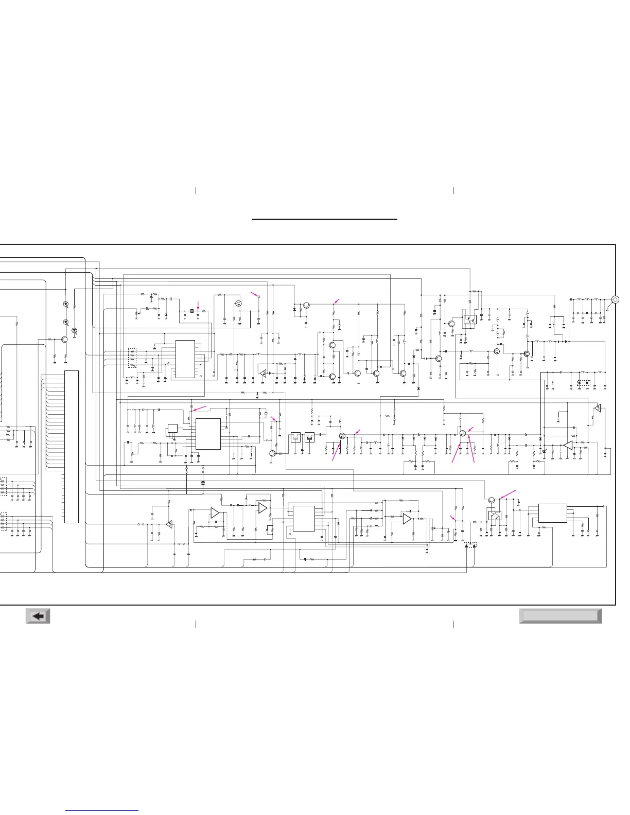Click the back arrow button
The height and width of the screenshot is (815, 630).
38,616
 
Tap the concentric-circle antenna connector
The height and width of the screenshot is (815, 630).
615,299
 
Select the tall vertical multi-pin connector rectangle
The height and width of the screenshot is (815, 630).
72,446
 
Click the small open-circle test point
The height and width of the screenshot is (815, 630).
259,297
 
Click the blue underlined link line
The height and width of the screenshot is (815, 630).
102,811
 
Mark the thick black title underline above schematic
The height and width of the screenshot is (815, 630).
324,220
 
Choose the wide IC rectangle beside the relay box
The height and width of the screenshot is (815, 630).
552,513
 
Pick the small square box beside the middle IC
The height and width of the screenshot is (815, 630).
172,429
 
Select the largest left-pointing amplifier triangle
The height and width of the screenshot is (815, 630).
568,445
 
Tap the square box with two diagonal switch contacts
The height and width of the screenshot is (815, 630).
494,515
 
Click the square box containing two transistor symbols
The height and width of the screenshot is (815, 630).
469,320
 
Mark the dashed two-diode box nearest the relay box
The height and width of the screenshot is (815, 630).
470,545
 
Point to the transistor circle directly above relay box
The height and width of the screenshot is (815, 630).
492,500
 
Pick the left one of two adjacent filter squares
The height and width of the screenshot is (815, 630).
295,437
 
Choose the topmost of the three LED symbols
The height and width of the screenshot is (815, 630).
66,304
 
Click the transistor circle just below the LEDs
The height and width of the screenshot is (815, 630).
65,340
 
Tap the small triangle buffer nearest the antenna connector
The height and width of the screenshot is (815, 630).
597,408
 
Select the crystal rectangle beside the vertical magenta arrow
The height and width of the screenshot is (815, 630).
191,311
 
